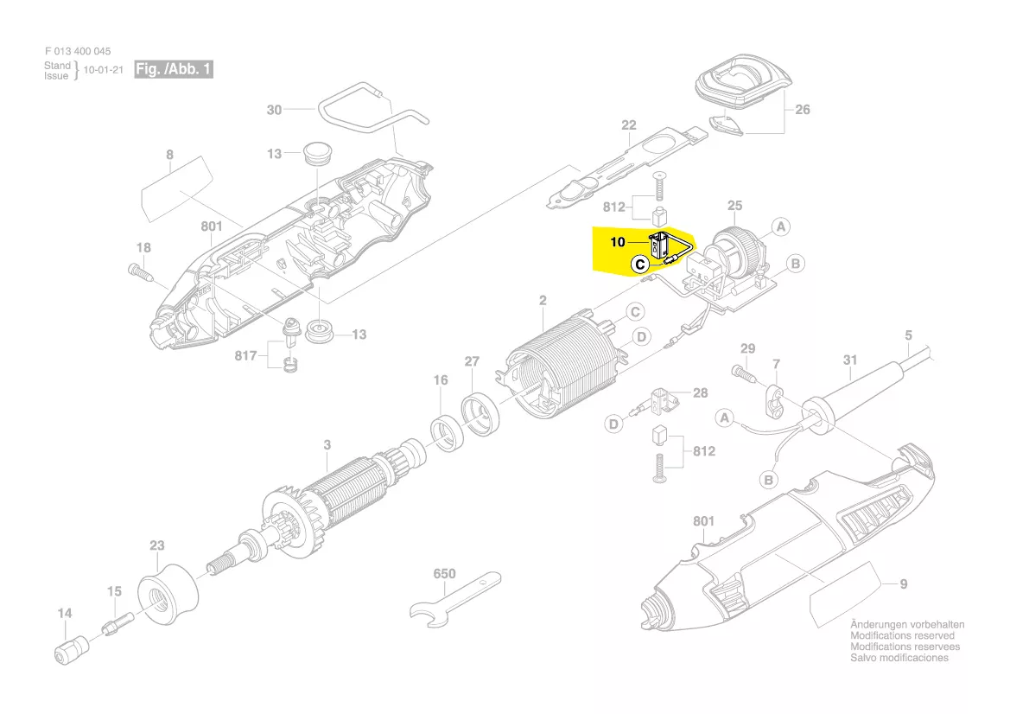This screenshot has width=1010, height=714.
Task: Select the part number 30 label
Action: pyautogui.click(x=274, y=110)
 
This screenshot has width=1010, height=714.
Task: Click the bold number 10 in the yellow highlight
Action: pyautogui.click(x=618, y=243)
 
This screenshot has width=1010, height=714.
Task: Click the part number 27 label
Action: pyautogui.click(x=472, y=362)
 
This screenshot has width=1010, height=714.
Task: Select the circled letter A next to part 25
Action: pyautogui.click(x=780, y=227)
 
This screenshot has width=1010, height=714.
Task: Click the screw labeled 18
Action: pyautogui.click(x=141, y=271)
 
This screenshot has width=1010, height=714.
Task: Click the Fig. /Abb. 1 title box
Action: pyautogui.click(x=173, y=69)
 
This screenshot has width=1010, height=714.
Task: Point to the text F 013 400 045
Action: pyautogui.click(x=77, y=52)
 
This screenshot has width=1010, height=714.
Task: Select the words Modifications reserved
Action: pyautogui.click(x=903, y=635)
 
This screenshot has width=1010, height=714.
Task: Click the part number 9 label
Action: pyautogui.click(x=903, y=584)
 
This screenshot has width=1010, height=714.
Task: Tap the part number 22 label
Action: pyautogui.click(x=628, y=125)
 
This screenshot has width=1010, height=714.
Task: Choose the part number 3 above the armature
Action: pyautogui.click(x=327, y=445)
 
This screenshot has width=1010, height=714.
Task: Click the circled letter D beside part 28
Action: pyautogui.click(x=613, y=424)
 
